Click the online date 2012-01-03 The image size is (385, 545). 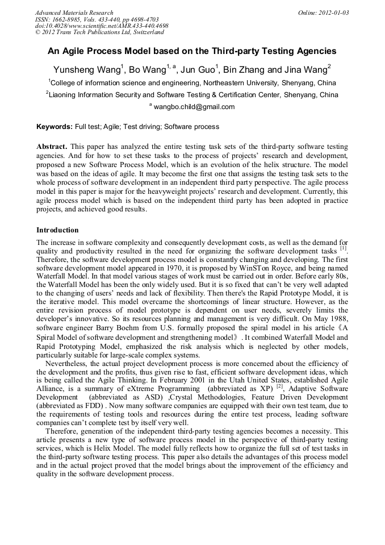[331, 13]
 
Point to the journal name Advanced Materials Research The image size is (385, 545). [74, 13]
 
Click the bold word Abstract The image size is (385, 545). [52, 147]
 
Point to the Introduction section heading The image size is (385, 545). [57, 230]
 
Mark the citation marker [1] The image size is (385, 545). [343, 248]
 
